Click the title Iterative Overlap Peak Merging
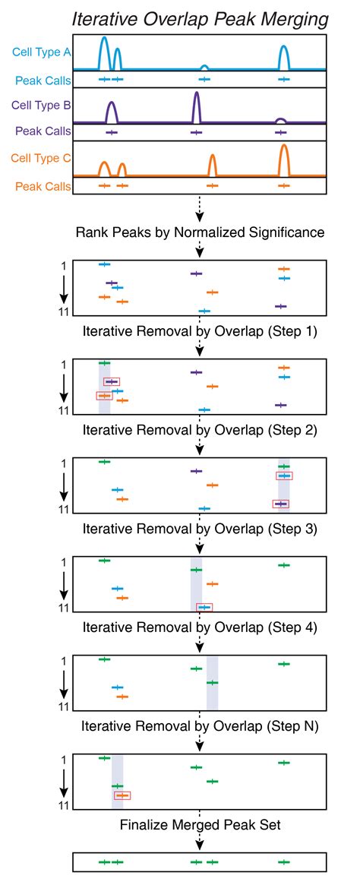pos(199,20)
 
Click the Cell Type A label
pos(41,52)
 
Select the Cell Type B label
pos(41,106)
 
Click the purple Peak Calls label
pos(42,131)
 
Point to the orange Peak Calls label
pos(42,185)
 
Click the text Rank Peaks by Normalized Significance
pos(200,232)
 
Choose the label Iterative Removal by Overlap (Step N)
pos(199,726)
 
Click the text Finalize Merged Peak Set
pos(199,825)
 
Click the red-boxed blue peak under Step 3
pos(204,607)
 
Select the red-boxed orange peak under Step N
pos(122,795)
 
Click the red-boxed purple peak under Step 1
pos(112,381)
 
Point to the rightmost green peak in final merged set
pos(284,862)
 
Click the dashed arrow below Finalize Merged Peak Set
pos(199,840)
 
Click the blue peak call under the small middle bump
pos(204,78)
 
